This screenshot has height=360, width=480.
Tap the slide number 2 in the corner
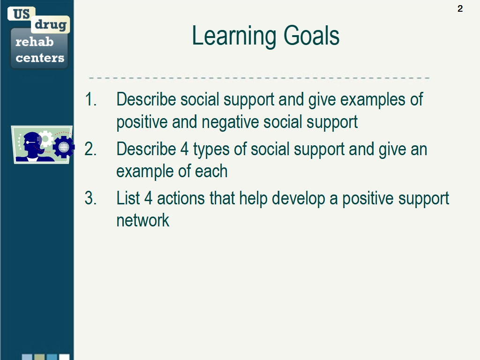point(460,8)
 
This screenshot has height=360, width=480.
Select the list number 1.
point(90,99)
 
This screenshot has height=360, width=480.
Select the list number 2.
point(90,149)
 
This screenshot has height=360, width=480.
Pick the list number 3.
point(90,198)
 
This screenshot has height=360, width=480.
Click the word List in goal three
point(128,198)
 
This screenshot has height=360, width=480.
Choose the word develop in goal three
point(299,198)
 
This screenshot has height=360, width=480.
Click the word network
point(142,220)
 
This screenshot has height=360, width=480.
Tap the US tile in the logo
point(22,14)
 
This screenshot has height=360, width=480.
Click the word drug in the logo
point(51,24)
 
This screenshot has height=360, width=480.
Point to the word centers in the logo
point(40,58)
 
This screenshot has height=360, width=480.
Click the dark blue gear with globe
point(64,147)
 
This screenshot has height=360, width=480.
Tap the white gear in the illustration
point(46,138)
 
